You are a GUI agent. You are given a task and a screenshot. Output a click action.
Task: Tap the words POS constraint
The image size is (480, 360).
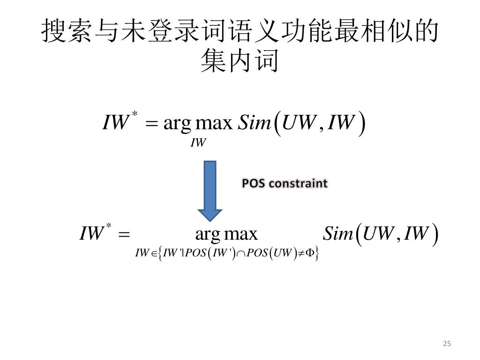[285, 183]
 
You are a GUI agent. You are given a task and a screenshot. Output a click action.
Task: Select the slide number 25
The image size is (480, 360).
[446, 344]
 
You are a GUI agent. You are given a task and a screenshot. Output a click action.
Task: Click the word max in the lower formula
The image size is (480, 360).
[241, 233]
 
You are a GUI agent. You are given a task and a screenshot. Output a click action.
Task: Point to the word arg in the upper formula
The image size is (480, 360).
[177, 124]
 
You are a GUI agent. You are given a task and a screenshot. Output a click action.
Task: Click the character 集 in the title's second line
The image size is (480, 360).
[211, 61]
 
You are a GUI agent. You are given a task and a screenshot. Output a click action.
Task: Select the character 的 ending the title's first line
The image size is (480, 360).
[426, 32]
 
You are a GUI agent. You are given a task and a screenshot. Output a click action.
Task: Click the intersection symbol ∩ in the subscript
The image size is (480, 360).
[240, 254]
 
